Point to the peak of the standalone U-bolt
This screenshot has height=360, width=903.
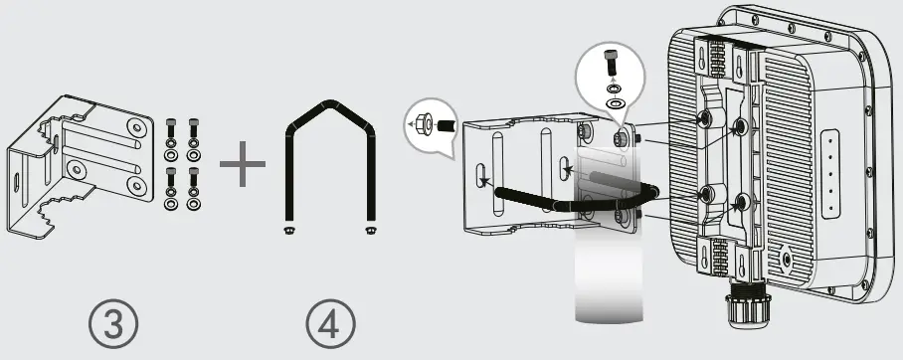pos(329,104)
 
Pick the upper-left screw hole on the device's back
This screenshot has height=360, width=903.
pos(703,118)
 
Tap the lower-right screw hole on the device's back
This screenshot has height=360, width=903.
pos(741,203)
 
